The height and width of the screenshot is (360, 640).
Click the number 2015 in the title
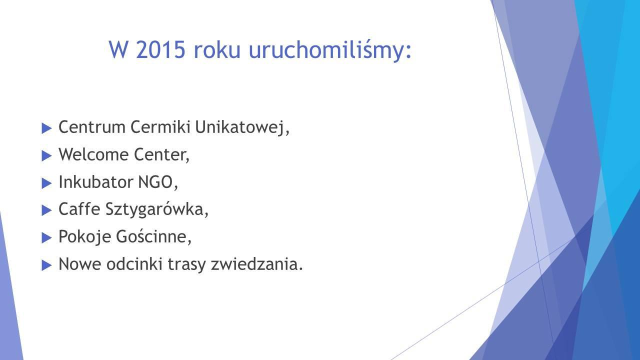tap(160, 49)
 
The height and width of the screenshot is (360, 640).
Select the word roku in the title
tap(217, 49)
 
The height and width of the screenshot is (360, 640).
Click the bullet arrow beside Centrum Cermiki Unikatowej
tap(46, 128)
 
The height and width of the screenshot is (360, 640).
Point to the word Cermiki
tap(160, 127)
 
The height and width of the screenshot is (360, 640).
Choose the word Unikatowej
tap(242, 127)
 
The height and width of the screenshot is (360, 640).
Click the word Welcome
tap(93, 154)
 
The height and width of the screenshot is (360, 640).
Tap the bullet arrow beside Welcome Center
tap(46, 156)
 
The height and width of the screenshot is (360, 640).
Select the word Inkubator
tap(96, 182)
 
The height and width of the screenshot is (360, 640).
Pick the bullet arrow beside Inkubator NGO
tap(46, 183)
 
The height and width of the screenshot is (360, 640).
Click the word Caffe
tap(79, 209)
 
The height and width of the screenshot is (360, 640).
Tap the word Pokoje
tap(84, 237)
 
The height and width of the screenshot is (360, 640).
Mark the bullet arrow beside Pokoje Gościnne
tap(46, 237)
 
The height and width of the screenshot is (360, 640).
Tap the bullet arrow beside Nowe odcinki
tap(46, 265)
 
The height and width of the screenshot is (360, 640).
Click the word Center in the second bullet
tap(161, 155)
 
